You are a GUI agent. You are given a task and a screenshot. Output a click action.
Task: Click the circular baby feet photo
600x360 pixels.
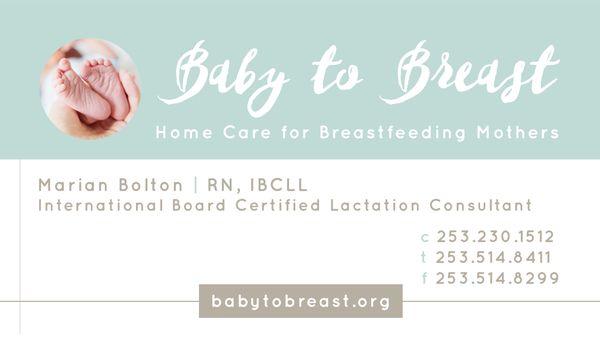[x=90, y=88]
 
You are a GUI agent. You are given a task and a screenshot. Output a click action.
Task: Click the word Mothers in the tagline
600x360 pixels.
[x=520, y=133]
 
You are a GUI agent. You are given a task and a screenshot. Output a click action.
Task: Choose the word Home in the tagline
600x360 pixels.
[x=182, y=133]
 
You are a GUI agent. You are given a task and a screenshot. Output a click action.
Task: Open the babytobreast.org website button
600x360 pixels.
[x=300, y=301]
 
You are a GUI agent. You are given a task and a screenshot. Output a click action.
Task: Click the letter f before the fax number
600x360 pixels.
[x=424, y=278]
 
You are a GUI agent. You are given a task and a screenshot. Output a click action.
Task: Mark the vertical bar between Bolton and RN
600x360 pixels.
[x=195, y=185]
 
